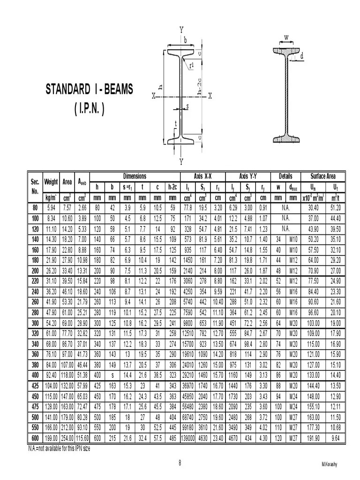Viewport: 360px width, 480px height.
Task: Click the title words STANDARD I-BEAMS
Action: [90, 89]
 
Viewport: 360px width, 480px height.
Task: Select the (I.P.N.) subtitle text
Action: [89, 108]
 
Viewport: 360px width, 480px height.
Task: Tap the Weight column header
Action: [51, 182]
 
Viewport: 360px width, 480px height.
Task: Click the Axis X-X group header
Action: [202, 176]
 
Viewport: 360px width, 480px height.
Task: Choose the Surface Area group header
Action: [323, 176]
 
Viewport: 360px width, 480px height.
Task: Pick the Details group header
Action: [285, 176]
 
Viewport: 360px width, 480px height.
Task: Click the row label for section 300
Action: [35, 323]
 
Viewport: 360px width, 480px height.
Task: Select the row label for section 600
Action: [35, 438]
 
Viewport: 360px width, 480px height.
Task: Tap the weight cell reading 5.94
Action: [51, 208]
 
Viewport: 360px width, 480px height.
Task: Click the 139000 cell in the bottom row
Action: [187, 438]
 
